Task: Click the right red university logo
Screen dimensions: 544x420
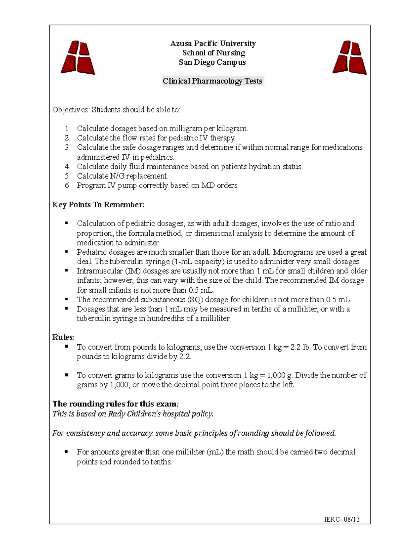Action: (x=349, y=57)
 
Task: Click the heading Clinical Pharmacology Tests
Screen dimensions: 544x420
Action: (x=212, y=81)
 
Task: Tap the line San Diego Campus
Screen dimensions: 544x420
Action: (x=212, y=62)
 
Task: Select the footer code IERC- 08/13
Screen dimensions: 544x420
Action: (x=342, y=519)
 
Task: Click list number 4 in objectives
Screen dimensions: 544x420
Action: (x=68, y=167)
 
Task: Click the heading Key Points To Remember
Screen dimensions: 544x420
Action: (x=98, y=205)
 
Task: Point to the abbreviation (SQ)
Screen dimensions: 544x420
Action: (x=195, y=300)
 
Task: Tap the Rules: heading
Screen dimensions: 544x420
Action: (x=63, y=337)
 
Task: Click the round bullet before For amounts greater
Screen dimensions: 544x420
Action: (x=66, y=452)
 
